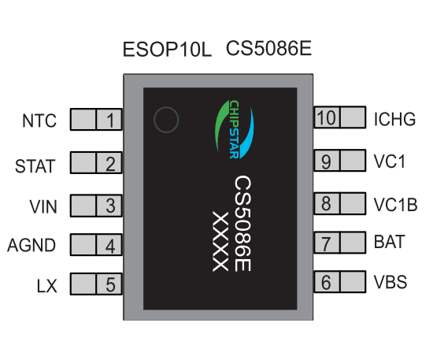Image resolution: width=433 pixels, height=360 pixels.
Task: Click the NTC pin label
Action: coord(39,121)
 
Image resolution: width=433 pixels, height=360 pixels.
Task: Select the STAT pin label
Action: coord(35,166)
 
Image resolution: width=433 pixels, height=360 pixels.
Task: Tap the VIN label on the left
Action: coord(43,206)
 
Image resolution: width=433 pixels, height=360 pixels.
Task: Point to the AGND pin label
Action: coord(31,245)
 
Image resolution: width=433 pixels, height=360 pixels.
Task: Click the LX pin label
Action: coord(47,286)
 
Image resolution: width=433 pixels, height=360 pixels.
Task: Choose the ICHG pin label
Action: coord(394,119)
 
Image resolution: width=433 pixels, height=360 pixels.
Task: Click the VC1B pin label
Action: coord(395,205)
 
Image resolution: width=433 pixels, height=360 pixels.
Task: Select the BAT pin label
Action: coord(390,242)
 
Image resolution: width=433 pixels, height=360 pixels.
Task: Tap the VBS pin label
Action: coord(390,282)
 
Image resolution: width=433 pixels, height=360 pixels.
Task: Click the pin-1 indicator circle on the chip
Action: coord(166,107)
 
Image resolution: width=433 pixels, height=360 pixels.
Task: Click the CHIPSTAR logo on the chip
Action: coord(235,129)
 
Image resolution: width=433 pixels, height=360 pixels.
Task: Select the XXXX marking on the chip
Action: coord(220,242)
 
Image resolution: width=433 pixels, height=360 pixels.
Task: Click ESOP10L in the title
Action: coord(167,50)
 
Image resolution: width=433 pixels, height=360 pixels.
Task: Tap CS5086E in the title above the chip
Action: coord(268,48)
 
